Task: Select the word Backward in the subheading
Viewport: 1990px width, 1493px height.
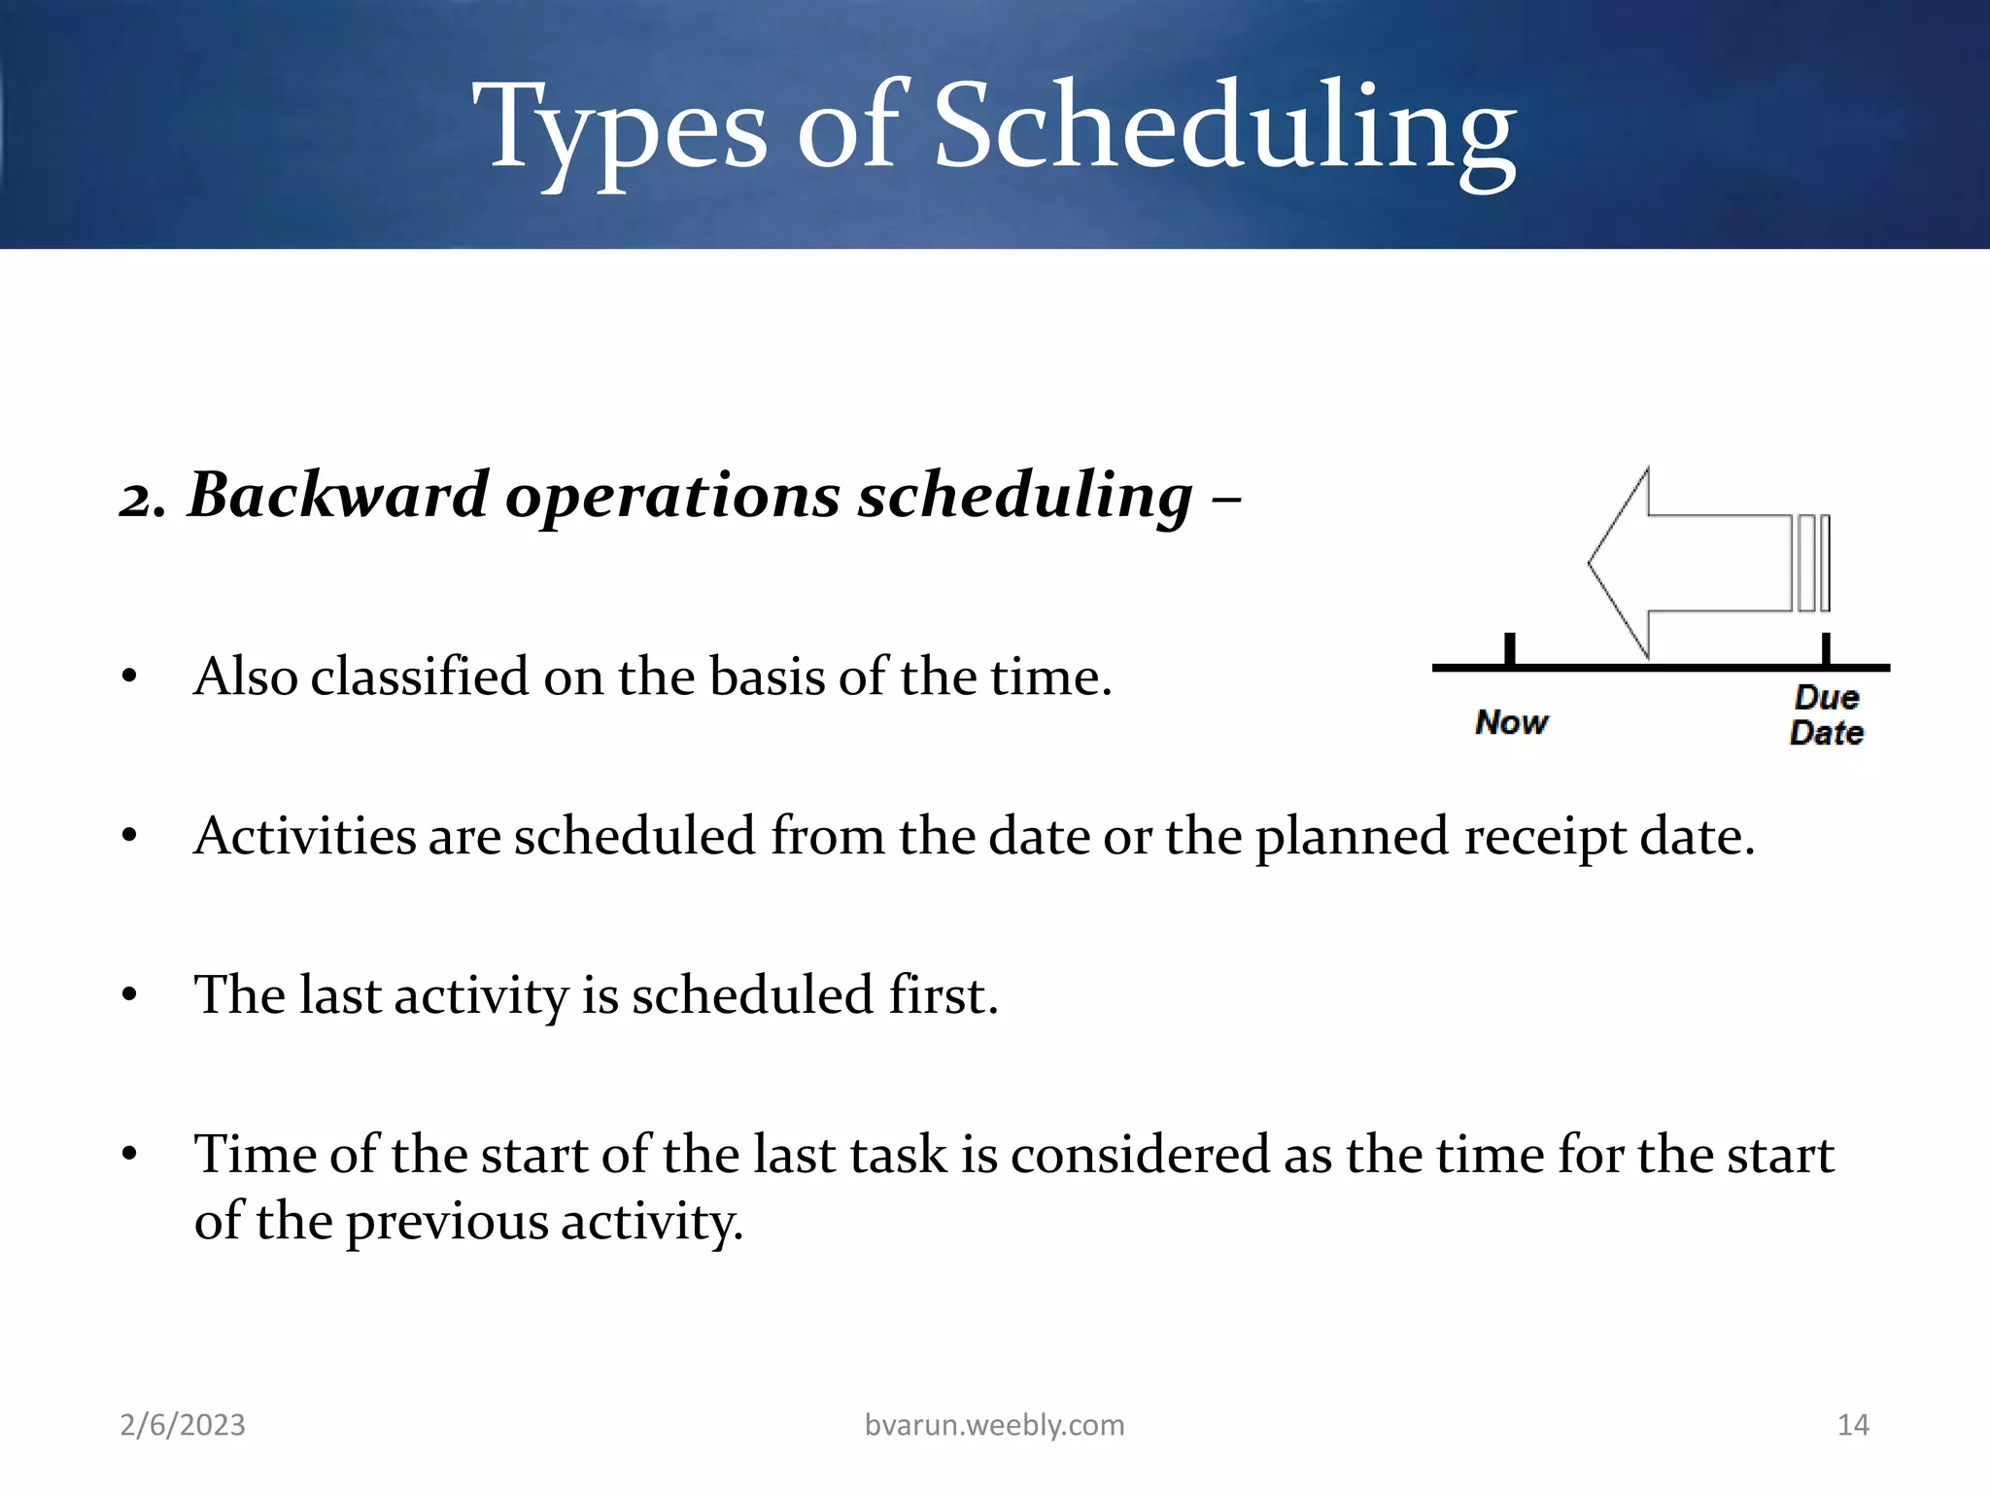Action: click(x=337, y=496)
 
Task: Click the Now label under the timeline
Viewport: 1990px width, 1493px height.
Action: click(x=1511, y=722)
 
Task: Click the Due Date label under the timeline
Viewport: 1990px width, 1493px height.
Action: click(x=1826, y=715)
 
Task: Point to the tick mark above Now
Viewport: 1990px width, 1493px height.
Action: click(x=1509, y=648)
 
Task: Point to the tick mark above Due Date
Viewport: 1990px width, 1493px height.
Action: click(x=1826, y=648)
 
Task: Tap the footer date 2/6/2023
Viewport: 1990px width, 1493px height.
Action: click(x=183, y=1425)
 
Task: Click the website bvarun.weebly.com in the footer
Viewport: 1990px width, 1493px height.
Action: click(x=994, y=1425)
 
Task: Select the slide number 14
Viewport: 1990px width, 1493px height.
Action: click(x=1853, y=1425)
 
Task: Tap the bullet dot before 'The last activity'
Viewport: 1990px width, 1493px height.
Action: click(x=129, y=996)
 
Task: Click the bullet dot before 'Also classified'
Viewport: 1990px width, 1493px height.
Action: click(x=129, y=677)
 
